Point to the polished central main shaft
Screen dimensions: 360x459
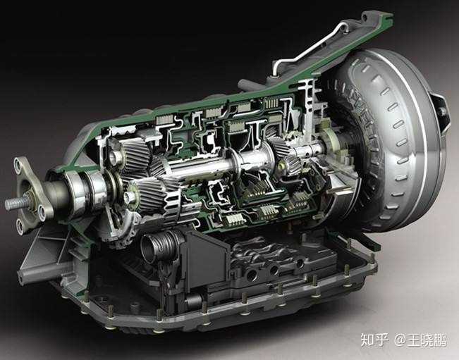[x=212, y=168]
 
